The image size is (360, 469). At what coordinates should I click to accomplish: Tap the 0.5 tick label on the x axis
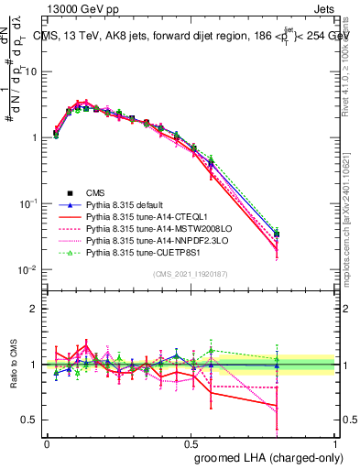pos(191,442)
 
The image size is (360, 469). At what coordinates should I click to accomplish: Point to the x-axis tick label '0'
pos(47,442)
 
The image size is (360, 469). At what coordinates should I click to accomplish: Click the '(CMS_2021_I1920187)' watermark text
pos(191,274)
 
